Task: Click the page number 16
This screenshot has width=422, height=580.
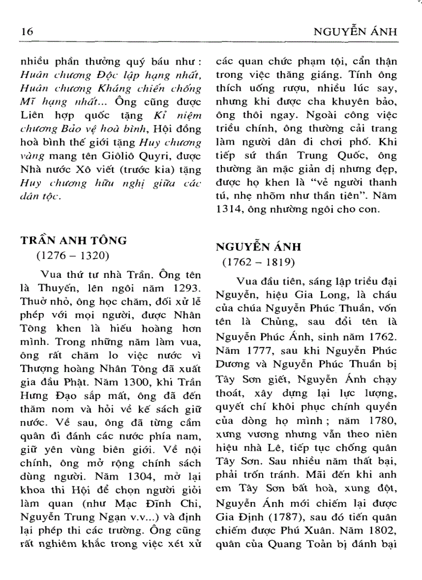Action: pyautogui.click(x=25, y=32)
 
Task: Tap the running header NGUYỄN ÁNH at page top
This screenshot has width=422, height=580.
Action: pyautogui.click(x=355, y=32)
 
